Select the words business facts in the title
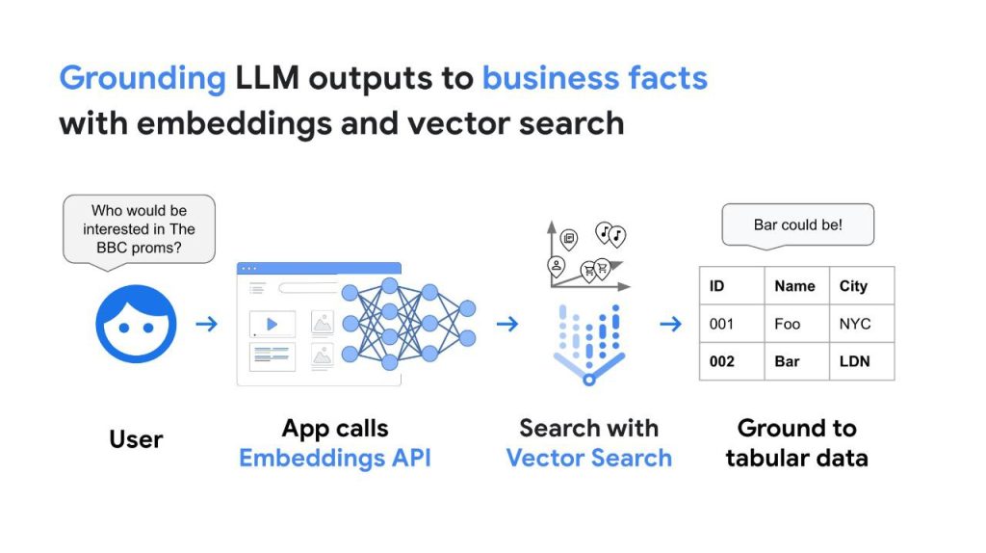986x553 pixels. point(594,78)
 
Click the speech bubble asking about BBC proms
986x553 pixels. point(138,229)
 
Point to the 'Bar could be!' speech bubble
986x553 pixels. point(797,225)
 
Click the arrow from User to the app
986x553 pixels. point(206,324)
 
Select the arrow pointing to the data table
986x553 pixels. point(670,324)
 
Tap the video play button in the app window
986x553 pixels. point(272,324)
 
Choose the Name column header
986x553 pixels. point(794,286)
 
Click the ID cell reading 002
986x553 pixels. point(722,361)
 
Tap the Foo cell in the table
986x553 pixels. point(787,324)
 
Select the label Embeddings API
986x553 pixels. point(334,458)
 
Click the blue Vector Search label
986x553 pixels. point(588,458)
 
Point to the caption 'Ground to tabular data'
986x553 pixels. point(796,443)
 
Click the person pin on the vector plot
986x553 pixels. point(556,265)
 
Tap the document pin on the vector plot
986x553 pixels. point(568,238)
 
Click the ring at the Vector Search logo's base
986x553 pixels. point(588,380)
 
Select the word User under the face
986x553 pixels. point(136,439)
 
